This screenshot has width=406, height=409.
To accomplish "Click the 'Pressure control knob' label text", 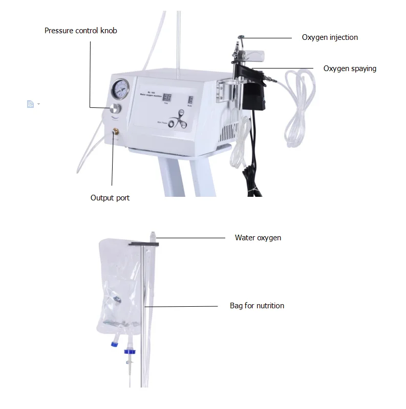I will click(x=80, y=31).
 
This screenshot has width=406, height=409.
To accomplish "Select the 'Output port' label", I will click(x=110, y=198).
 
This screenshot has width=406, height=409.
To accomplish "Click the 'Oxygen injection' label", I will click(x=330, y=37).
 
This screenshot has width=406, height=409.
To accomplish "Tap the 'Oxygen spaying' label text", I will click(x=350, y=69).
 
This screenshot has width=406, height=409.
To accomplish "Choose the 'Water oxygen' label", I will click(x=258, y=238).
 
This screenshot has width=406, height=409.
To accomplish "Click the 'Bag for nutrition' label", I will click(x=257, y=306).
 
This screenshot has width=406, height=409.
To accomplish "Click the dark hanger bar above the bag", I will click(x=144, y=244).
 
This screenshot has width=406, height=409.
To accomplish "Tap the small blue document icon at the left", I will click(x=30, y=104).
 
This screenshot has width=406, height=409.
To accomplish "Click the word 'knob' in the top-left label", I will click(x=108, y=31).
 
